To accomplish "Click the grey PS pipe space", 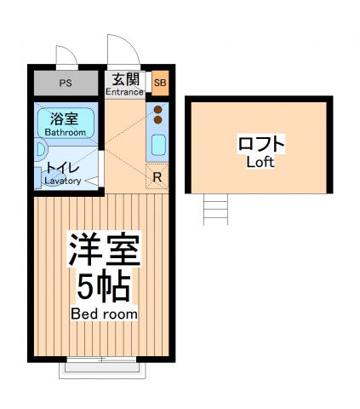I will (x=66, y=84).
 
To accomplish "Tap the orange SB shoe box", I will (x=160, y=83).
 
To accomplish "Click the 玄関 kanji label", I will (x=126, y=78).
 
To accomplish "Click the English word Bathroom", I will (x=65, y=132).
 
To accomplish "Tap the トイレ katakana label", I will (x=63, y=168).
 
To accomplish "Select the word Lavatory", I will (x=62, y=181).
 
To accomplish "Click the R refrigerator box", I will (x=157, y=177).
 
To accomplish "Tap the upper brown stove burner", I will (x=158, y=109).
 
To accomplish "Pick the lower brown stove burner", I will (x=158, y=120).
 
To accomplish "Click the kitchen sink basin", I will (x=158, y=144).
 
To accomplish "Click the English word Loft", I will (x=260, y=162).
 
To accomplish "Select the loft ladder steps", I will (x=217, y=209).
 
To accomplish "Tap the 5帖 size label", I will (x=103, y=288).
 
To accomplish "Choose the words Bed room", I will (x=104, y=314).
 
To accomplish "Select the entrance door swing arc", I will (x=118, y=51).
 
